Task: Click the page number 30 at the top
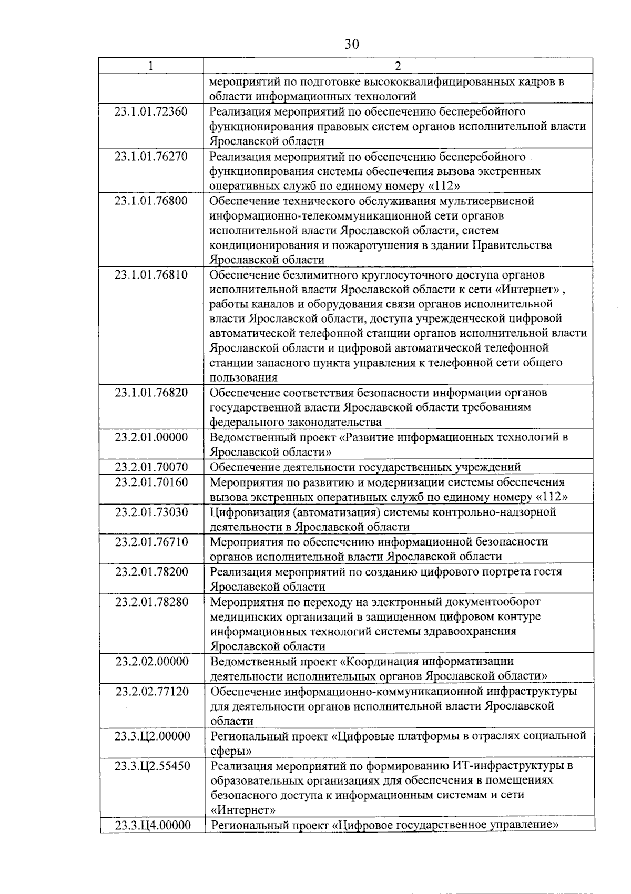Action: (x=351, y=44)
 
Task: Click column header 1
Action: (x=151, y=66)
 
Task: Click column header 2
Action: (x=398, y=66)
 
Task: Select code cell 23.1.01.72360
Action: (x=151, y=111)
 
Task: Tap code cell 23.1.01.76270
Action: (x=151, y=156)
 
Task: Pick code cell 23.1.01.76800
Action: (x=151, y=201)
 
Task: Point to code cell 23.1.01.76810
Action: (x=151, y=274)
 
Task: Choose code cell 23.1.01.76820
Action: (x=151, y=393)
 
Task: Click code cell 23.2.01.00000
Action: (x=151, y=437)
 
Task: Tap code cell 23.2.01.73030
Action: (x=151, y=512)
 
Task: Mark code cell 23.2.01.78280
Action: (x=151, y=602)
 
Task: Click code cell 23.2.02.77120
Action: (x=151, y=691)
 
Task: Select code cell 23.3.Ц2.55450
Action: (x=151, y=766)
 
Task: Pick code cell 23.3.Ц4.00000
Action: (x=151, y=825)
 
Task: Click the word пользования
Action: (x=243, y=377)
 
